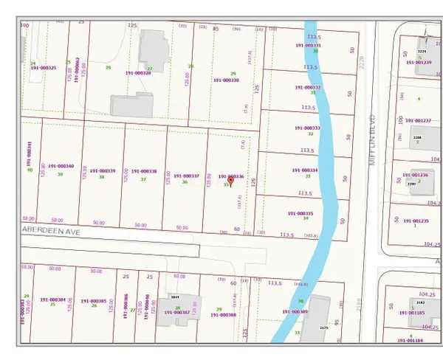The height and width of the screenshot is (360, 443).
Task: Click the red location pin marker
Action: click(x=231, y=181)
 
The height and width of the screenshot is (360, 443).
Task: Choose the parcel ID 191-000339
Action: click(x=102, y=170)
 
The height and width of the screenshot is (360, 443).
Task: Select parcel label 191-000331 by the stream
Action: click(x=308, y=46)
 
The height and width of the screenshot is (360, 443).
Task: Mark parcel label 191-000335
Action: click(x=301, y=213)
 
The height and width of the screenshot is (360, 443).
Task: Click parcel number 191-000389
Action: click(x=296, y=312)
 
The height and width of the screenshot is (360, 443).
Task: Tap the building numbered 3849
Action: click(x=176, y=297)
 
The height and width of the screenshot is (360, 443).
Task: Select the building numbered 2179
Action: click(x=323, y=326)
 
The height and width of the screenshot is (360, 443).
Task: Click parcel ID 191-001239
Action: click(x=418, y=63)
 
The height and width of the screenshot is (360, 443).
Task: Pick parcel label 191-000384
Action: click(x=52, y=300)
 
